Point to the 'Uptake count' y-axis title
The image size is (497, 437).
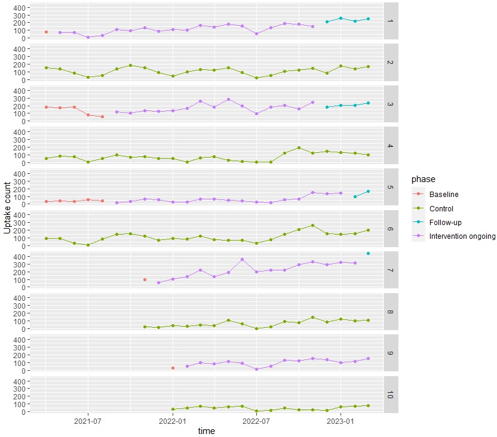coord(7,207)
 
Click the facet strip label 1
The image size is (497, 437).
coord(390,21)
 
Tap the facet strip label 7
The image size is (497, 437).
coord(390,270)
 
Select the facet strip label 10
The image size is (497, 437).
coord(390,395)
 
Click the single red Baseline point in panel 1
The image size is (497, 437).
coord(46,32)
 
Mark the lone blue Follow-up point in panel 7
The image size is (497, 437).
coord(368,254)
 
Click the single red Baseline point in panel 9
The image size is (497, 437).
coord(173,368)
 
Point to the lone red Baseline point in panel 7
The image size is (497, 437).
coord(145,279)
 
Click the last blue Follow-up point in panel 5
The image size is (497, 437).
coord(368,191)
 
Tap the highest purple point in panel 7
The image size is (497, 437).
coord(242,260)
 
